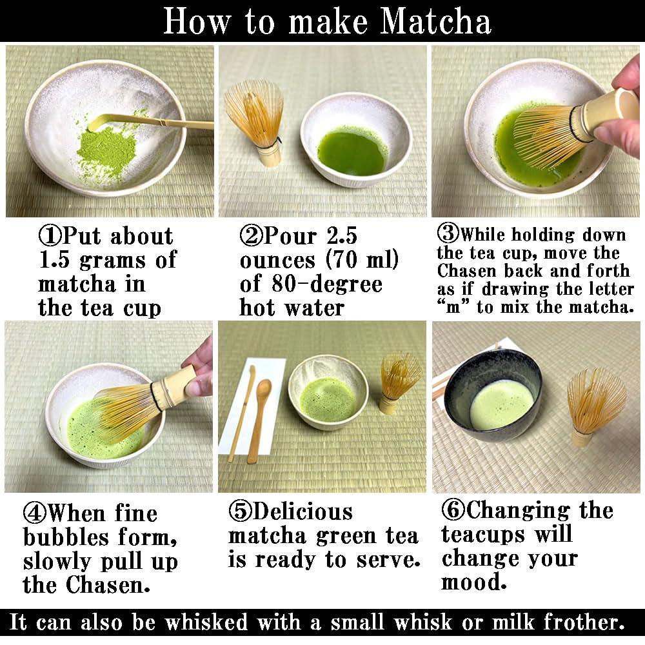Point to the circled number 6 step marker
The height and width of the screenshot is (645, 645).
click(453, 510)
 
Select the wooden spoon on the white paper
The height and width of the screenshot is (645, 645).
click(261, 419)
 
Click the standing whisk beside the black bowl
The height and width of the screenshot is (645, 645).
click(594, 403)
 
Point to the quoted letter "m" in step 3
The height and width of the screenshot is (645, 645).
click(454, 308)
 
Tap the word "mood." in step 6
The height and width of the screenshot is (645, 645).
click(474, 583)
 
